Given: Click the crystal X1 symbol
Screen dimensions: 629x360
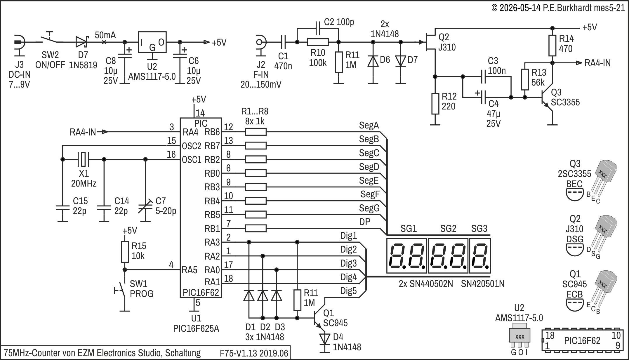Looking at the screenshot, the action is click(83, 159).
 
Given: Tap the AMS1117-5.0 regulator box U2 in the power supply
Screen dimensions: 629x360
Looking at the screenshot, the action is click(152, 42).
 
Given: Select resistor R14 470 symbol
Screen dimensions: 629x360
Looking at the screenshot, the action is click(552, 46).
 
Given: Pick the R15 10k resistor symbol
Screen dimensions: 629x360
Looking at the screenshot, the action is click(125, 252).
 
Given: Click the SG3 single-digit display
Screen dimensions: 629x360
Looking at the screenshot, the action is click(480, 256).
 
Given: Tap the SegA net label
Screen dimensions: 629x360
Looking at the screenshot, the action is click(369, 126).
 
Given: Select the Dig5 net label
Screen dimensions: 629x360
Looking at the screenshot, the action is click(348, 291).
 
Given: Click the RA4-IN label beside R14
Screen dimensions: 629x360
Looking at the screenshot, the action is click(597, 63).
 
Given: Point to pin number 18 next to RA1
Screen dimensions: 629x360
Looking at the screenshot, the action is click(228, 279).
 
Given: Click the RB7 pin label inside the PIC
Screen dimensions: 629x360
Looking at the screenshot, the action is click(212, 146).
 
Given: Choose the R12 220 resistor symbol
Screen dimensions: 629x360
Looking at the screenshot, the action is click(435, 104).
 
